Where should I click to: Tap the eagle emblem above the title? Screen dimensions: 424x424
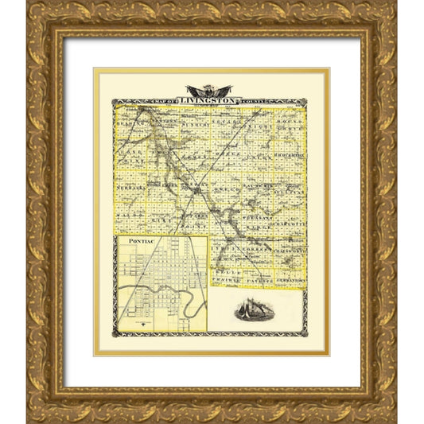(208, 90)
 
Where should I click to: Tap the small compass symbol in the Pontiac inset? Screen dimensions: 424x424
(141, 323)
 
